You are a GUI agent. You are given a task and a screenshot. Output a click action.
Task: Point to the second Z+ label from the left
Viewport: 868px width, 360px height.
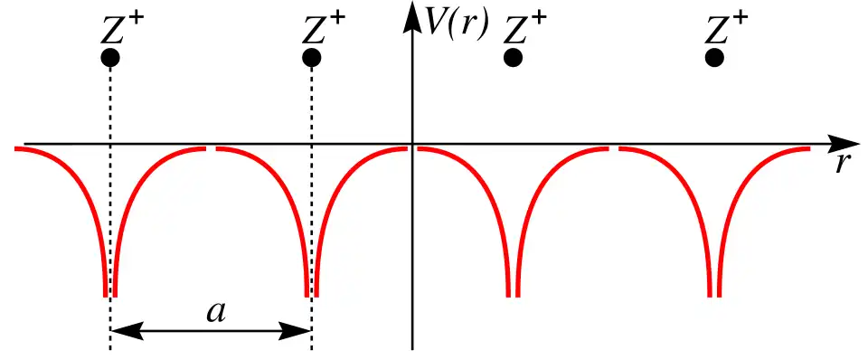[x=324, y=30]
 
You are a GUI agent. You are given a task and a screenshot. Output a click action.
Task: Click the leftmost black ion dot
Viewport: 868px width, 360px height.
[x=110, y=57]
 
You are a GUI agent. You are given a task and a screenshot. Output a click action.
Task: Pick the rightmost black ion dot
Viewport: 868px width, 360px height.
[x=714, y=57]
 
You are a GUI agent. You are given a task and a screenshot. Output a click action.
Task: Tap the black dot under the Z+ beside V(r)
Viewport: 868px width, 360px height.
[x=514, y=57]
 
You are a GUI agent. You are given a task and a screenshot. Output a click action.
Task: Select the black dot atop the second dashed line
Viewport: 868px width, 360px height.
[x=312, y=57]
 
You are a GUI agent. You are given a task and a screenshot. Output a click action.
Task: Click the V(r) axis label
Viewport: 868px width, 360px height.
[x=456, y=26]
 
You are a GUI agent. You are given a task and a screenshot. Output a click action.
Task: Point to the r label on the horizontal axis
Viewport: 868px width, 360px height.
[x=843, y=164]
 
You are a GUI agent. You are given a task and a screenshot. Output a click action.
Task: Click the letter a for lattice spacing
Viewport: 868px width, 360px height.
[x=216, y=313]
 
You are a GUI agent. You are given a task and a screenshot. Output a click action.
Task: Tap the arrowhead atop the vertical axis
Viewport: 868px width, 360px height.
[x=412, y=16]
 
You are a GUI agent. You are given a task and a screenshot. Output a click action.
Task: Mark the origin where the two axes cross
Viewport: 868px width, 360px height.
[x=412, y=144]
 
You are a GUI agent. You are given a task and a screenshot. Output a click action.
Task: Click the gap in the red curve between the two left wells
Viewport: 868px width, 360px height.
[x=211, y=149]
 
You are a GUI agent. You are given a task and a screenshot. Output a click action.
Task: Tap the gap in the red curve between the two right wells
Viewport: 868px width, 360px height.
[x=614, y=149]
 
